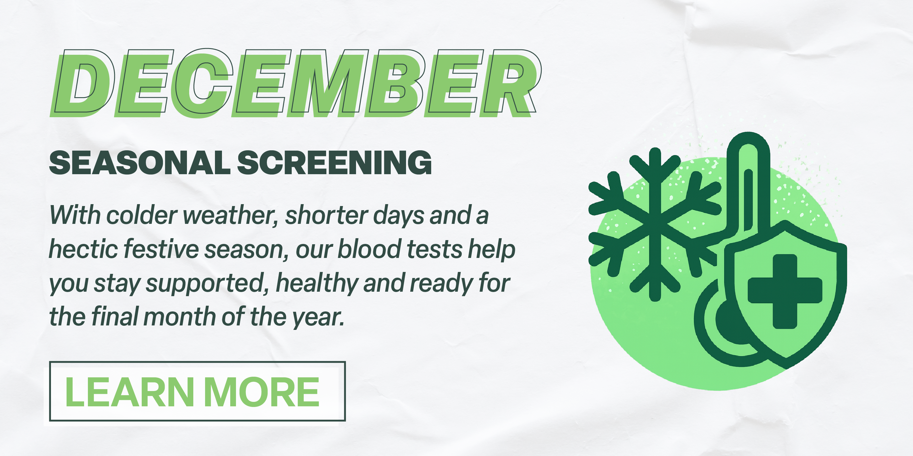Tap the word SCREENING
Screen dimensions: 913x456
(x=334, y=163)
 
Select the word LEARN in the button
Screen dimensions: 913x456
(x=130, y=392)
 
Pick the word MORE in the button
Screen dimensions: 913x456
(x=261, y=392)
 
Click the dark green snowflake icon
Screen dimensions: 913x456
(x=655, y=224)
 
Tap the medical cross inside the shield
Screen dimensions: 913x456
(x=785, y=291)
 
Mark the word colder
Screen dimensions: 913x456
(x=142, y=215)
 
